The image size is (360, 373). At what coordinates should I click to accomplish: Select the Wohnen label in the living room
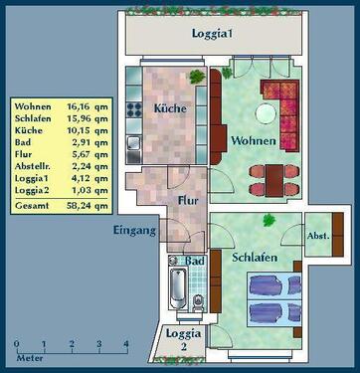pos(253,141)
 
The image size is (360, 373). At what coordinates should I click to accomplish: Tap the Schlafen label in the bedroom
pos(254,258)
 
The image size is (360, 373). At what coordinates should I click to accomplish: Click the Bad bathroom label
pos(196,261)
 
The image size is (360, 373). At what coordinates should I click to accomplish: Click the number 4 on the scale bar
pos(125,345)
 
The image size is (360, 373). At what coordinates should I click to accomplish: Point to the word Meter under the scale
pos(29,355)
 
